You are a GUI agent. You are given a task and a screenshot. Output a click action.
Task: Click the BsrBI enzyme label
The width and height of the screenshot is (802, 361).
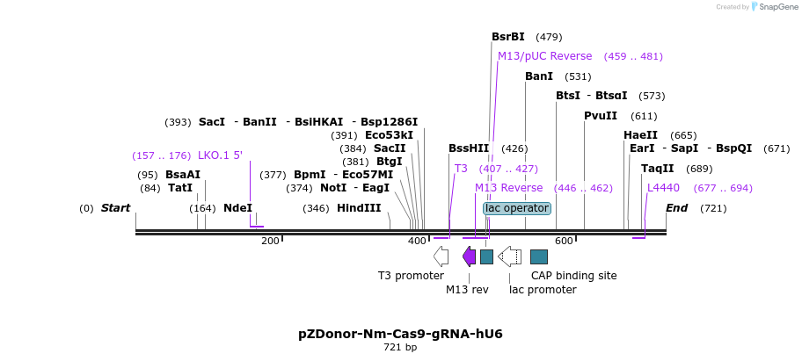[x=507, y=37]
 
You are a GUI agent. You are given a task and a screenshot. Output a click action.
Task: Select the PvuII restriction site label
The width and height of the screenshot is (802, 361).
[x=601, y=116]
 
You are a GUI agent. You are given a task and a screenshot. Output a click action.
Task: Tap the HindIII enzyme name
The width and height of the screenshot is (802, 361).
[x=359, y=208]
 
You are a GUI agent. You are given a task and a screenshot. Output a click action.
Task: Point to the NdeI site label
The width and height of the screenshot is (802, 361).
[x=237, y=208]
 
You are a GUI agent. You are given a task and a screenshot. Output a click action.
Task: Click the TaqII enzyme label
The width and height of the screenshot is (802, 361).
[x=657, y=169]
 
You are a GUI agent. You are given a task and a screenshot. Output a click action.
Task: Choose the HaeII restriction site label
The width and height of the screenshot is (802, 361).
[x=640, y=135]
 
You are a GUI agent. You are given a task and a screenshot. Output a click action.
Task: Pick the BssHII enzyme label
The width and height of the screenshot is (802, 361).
[x=469, y=148]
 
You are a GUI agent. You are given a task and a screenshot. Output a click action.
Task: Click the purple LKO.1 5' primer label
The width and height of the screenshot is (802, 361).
[x=220, y=155]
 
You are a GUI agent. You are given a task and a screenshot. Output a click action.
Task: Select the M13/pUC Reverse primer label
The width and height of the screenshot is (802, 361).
[x=545, y=56]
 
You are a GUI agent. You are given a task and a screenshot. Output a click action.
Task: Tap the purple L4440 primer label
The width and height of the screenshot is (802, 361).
[x=663, y=188]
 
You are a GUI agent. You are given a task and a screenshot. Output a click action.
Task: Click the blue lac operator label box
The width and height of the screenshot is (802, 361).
[x=517, y=208]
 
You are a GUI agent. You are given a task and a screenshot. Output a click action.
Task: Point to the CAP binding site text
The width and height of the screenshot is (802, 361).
[x=573, y=276]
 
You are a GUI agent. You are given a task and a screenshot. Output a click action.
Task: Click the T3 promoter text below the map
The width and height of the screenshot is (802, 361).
[x=411, y=276]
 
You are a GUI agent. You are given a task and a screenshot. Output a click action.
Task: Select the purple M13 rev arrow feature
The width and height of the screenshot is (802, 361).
[x=469, y=256]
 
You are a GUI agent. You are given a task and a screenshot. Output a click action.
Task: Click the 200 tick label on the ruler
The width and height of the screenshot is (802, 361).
[x=270, y=241]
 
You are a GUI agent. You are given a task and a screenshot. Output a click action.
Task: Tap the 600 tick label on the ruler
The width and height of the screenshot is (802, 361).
[x=564, y=241]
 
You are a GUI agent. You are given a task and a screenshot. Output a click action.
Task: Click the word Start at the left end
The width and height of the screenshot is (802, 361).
[x=115, y=208]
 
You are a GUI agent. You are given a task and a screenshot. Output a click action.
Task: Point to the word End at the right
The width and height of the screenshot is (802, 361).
[x=676, y=208]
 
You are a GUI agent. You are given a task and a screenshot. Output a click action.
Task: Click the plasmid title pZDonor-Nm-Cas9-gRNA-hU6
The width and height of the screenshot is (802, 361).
[x=400, y=334]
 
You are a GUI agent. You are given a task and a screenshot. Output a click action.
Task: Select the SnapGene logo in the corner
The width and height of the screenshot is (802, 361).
[x=771, y=7]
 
